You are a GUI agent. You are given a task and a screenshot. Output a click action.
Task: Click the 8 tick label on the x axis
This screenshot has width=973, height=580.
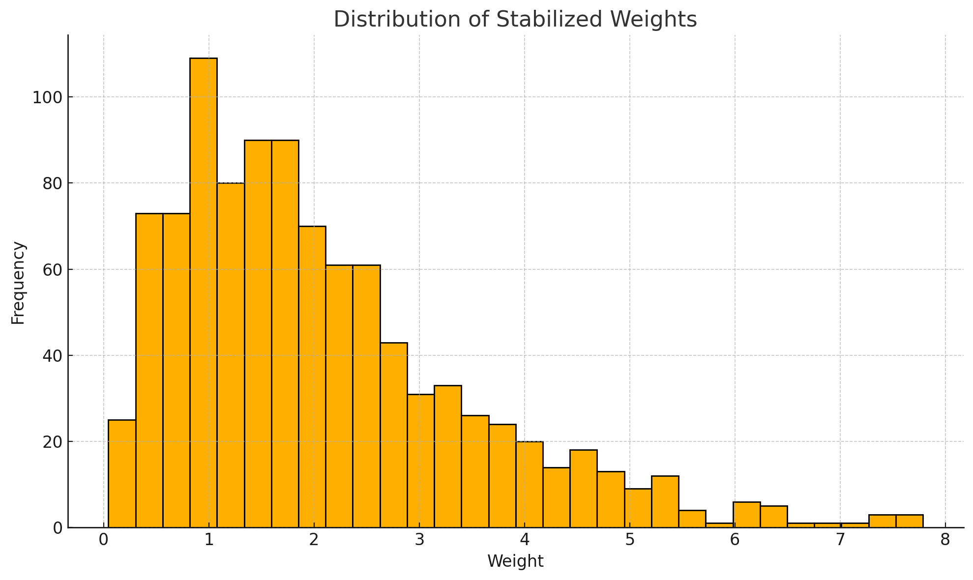pyautogui.click(x=945, y=540)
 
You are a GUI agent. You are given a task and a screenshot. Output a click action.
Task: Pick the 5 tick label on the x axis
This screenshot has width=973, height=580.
pyautogui.click(x=629, y=540)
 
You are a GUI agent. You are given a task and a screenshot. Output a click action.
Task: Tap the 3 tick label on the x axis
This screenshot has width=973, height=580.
pyautogui.click(x=419, y=540)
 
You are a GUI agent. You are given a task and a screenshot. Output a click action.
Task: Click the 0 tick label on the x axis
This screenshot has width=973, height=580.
pyautogui.click(x=104, y=540)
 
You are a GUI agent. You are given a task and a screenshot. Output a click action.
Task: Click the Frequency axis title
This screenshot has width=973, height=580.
pyautogui.click(x=18, y=283)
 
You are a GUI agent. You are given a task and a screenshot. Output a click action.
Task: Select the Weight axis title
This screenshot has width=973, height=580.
pyautogui.click(x=515, y=561)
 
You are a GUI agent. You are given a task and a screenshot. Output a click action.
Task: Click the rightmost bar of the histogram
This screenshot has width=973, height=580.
pyautogui.click(x=909, y=521)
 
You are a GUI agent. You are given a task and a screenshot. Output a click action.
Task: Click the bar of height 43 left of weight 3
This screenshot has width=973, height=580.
pyautogui.click(x=394, y=435)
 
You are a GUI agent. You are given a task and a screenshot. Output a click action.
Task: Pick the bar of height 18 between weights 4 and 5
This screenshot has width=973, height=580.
pyautogui.click(x=584, y=489)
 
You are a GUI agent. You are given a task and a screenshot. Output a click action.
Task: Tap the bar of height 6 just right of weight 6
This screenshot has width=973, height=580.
pyautogui.click(x=746, y=515)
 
